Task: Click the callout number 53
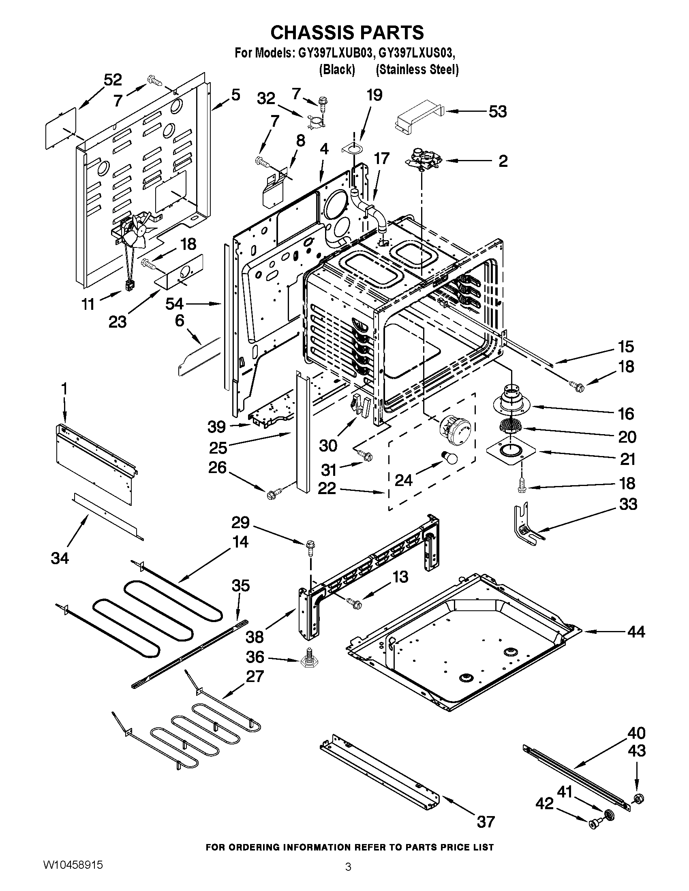(x=497, y=111)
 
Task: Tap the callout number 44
(x=636, y=631)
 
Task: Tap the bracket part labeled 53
(x=418, y=115)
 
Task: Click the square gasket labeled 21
(x=509, y=451)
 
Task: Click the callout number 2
(x=503, y=161)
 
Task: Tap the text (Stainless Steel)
(x=417, y=70)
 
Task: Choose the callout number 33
(x=628, y=504)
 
